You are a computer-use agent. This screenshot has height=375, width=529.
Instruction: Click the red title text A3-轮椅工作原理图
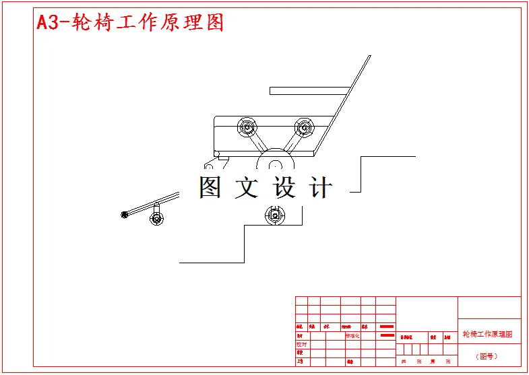point(129,22)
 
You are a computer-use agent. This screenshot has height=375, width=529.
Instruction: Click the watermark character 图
point(210,187)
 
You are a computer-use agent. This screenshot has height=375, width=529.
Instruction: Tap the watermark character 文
point(246,187)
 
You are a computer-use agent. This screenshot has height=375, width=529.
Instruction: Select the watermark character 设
point(284,187)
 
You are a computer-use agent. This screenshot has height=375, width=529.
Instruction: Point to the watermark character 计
point(320,187)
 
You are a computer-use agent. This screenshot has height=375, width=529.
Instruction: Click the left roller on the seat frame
point(247,127)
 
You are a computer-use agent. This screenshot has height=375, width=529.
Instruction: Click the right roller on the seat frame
point(305,127)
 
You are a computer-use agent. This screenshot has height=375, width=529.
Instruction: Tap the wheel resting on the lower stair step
point(274,215)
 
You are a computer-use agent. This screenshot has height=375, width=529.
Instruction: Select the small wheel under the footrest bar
point(156,218)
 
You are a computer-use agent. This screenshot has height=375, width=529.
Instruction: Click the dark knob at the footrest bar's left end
point(124,215)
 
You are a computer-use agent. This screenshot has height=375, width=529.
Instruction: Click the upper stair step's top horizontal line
point(388,156)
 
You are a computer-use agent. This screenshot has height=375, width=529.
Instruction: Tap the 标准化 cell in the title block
point(353,335)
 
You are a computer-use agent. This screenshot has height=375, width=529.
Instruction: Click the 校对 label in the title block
point(301,343)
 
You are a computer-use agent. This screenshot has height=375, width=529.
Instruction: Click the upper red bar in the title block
point(387,326)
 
